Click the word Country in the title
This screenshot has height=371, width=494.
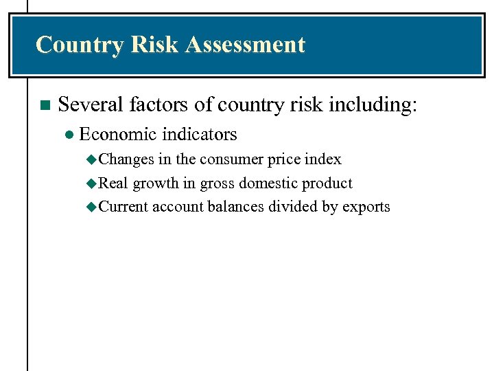(79, 45)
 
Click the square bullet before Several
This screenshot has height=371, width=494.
(44, 105)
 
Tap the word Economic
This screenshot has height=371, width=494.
(119, 134)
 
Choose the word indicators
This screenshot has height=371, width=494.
(200, 134)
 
